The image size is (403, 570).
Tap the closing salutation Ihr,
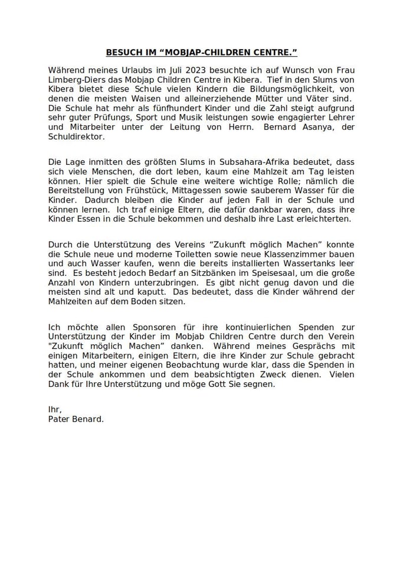[55, 409]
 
